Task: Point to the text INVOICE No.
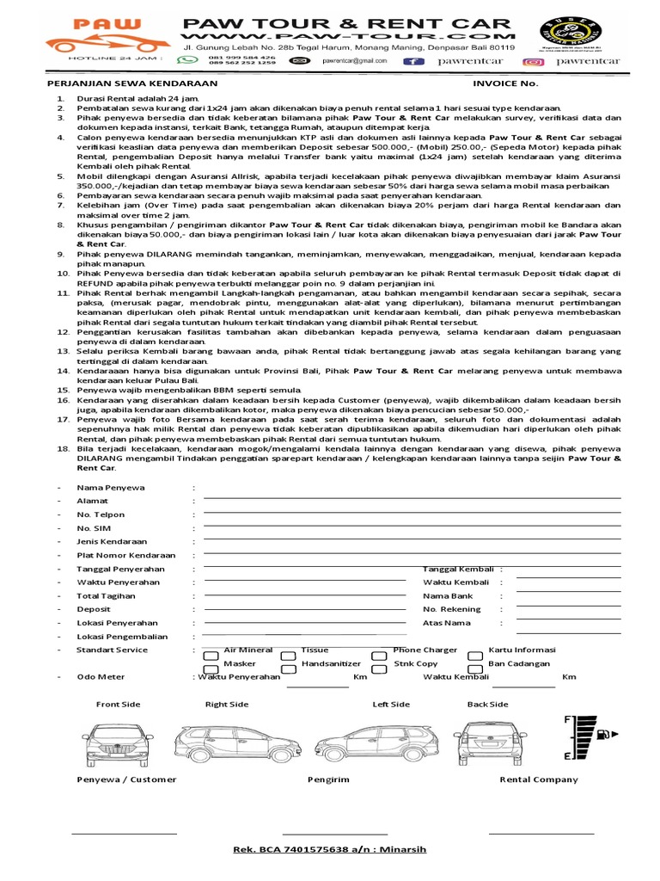505,84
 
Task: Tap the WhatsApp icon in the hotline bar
185,61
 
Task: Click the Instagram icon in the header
535,61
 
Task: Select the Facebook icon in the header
414,61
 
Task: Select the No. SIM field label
94,528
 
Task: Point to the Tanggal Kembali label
457,570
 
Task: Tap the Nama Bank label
447,595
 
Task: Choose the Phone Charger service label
425,650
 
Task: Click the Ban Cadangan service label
519,663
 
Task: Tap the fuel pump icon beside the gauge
607,734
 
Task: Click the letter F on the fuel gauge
567,718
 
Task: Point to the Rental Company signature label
539,779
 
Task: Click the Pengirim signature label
328,779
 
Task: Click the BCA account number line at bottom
329,849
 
